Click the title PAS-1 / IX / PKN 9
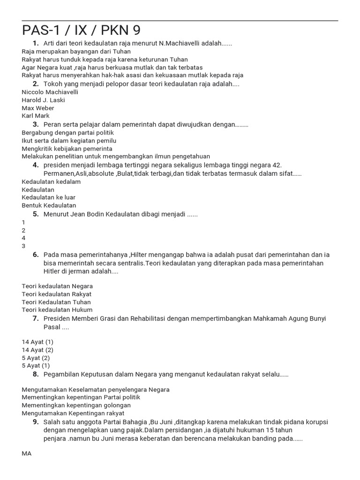(81, 30)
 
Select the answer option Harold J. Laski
(43, 100)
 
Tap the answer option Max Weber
(38, 108)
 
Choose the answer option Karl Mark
(36, 116)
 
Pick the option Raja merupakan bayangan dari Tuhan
(76, 52)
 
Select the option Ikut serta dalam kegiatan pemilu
(69, 141)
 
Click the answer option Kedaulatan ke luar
(48, 197)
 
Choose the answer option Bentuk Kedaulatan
(49, 205)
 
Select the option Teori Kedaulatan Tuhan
(56, 302)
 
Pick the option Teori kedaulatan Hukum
(57, 310)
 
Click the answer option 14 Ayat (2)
(37, 350)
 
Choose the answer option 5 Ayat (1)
(36, 366)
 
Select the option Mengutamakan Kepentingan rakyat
(73, 413)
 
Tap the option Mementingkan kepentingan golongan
(76, 405)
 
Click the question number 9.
(36, 422)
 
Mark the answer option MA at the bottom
(27, 454)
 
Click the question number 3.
(36, 124)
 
